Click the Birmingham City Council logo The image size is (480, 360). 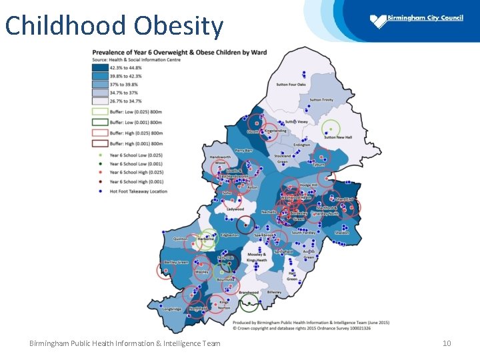(416, 20)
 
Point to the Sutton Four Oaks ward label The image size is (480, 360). (291, 85)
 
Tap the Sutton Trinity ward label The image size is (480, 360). (321, 100)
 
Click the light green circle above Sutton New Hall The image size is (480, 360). (331, 128)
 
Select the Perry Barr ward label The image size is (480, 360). (244, 151)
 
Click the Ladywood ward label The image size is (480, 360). (235, 209)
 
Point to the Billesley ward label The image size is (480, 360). (274, 292)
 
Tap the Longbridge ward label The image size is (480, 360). (171, 309)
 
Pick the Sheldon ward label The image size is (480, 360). (342, 233)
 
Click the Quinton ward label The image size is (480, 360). (181, 239)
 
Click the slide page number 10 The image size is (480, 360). (447, 343)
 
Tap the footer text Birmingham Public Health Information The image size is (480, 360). (125, 343)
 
